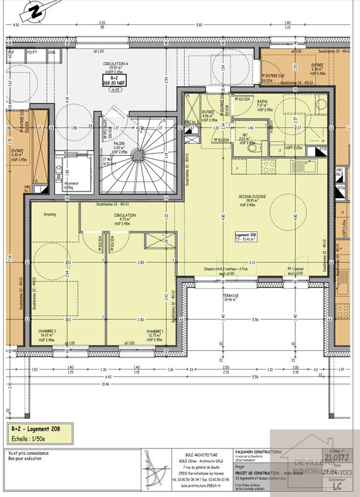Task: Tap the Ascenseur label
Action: point(64,185)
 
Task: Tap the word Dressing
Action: point(50,215)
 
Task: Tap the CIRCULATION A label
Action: point(116,65)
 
